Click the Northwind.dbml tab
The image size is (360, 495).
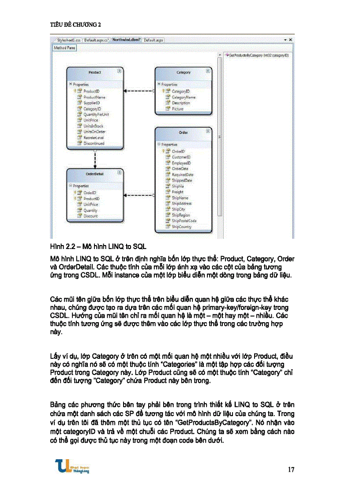pos(126,40)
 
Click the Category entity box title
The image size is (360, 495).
pos(183,72)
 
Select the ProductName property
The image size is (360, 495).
pos(94,97)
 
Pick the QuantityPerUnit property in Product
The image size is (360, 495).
pos(96,114)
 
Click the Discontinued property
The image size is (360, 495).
pos(94,143)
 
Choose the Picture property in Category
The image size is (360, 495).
pos(178,108)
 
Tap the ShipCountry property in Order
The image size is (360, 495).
pos(181,227)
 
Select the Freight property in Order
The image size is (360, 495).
pos(178,192)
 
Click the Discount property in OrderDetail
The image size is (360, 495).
pos(91,216)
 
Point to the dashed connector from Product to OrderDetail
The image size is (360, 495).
pos(95,159)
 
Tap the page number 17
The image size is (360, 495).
pos(291,469)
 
